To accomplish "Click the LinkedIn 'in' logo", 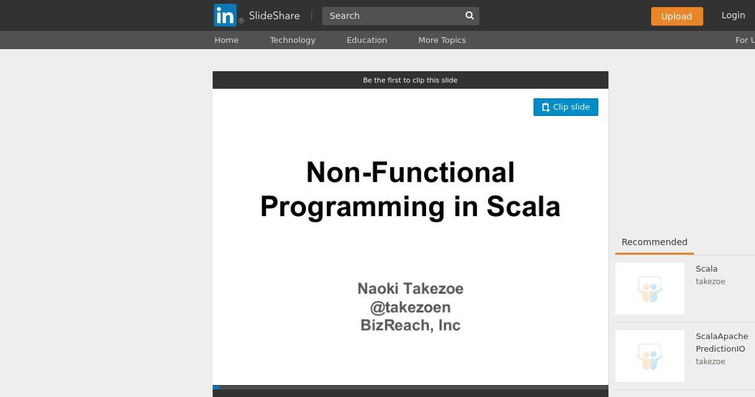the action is tap(225, 15).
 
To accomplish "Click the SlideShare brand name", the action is tap(274, 16).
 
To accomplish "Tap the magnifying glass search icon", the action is tap(469, 16).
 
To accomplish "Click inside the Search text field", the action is tap(393, 16).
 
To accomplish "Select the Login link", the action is tap(733, 15).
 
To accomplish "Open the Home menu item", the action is tap(226, 40).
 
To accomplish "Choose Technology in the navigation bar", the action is tap(293, 40).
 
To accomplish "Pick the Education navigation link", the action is tap(367, 40).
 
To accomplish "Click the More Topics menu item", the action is tap(442, 40).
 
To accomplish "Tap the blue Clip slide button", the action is tap(566, 107).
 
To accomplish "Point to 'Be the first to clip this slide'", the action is tap(410, 81).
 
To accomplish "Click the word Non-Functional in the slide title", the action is tap(410, 172).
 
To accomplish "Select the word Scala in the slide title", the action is tap(523, 206).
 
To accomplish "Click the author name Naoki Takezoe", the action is tap(410, 289).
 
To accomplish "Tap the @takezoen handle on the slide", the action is tap(410, 308).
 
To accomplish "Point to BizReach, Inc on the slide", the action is tap(410, 325).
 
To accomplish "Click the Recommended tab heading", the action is tap(654, 242).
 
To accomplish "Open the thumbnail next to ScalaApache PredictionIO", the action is tap(650, 356).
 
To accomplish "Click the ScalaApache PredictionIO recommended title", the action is tap(722, 342).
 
